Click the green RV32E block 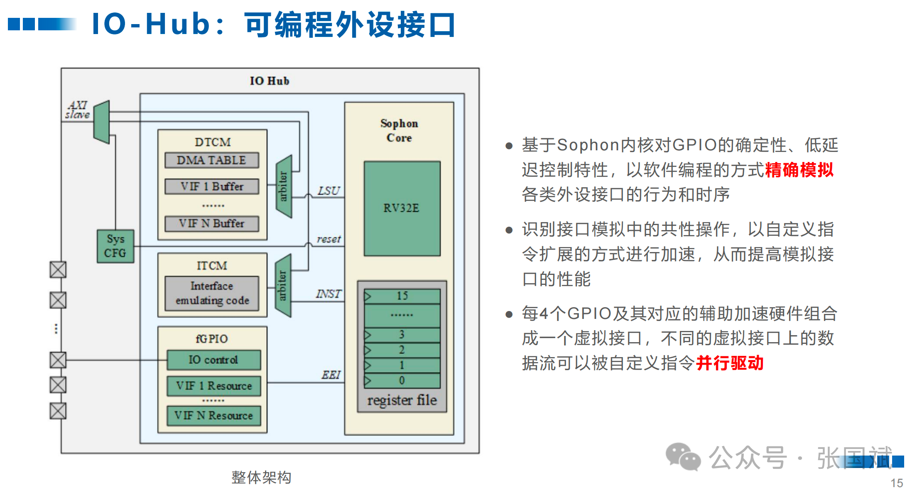point(402,208)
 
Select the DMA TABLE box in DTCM point(212,160)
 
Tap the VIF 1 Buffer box point(212,186)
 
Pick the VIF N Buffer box point(212,223)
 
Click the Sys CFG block point(115,246)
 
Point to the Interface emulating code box point(212,293)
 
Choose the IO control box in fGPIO point(214,360)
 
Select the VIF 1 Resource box point(214,386)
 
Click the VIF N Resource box point(214,416)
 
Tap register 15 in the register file point(402,296)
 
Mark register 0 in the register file point(402,380)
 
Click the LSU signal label point(329,191)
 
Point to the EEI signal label point(331,375)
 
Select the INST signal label point(329,294)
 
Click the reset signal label point(329,239)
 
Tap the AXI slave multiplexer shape point(102,122)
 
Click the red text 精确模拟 point(799,170)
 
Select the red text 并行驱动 point(730,363)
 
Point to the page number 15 point(897,483)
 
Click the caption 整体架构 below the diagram point(261,478)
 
